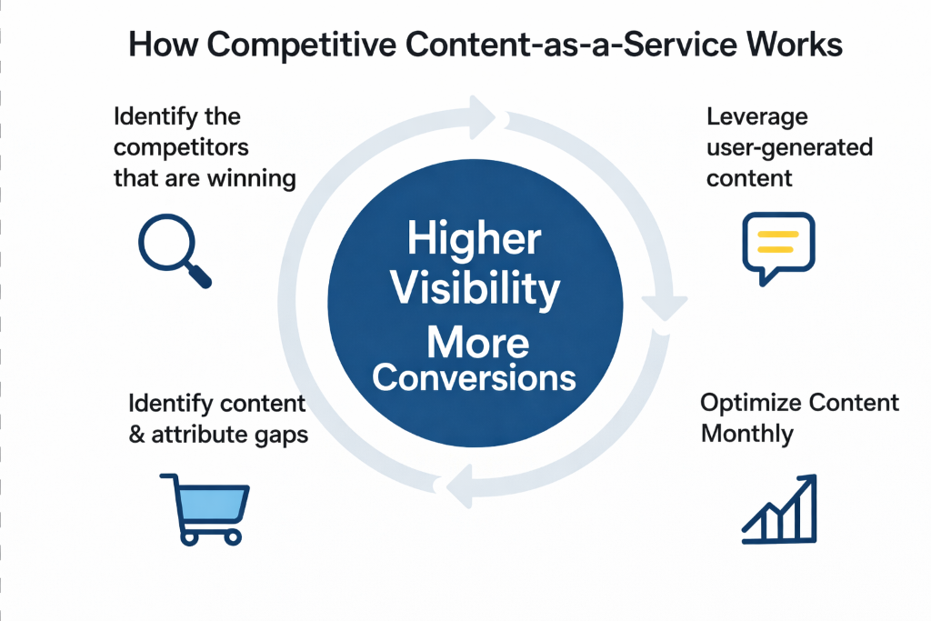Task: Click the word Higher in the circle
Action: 474,241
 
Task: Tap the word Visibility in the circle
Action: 473,290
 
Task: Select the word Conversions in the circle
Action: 474,377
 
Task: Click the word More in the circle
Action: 477,343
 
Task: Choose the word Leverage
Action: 756,117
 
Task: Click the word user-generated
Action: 789,146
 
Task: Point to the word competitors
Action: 181,146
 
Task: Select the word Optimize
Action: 746,403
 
